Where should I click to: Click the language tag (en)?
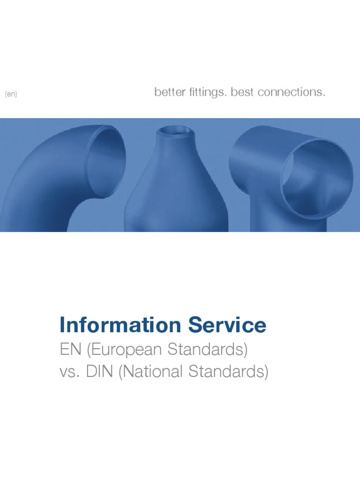click(11, 94)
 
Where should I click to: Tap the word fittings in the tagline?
click(202, 92)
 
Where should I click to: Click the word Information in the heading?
click(120, 325)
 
